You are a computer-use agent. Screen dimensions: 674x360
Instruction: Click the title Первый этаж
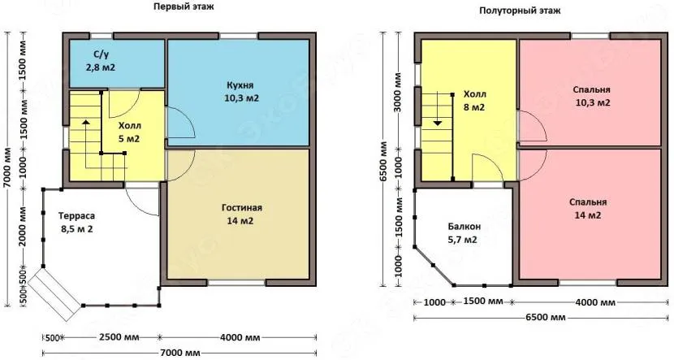click(184, 7)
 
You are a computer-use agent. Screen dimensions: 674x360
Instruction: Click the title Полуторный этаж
click(520, 11)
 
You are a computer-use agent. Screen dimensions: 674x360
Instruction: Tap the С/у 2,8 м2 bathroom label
click(100, 61)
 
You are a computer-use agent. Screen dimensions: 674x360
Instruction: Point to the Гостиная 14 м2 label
click(241, 215)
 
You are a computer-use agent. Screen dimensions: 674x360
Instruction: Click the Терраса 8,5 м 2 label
click(77, 223)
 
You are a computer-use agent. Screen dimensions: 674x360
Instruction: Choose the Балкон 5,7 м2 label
click(464, 232)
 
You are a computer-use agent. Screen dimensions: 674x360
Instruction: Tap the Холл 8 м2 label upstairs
click(474, 101)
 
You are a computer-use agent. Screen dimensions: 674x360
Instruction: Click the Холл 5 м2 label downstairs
click(130, 132)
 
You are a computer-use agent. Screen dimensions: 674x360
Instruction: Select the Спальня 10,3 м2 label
click(591, 97)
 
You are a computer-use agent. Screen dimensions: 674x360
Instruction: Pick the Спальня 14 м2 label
click(588, 209)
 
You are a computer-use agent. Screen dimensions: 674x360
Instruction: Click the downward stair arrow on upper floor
click(437, 109)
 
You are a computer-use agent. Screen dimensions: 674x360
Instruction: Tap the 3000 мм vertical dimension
click(397, 94)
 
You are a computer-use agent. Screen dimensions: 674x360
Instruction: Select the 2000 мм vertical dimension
click(23, 226)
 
